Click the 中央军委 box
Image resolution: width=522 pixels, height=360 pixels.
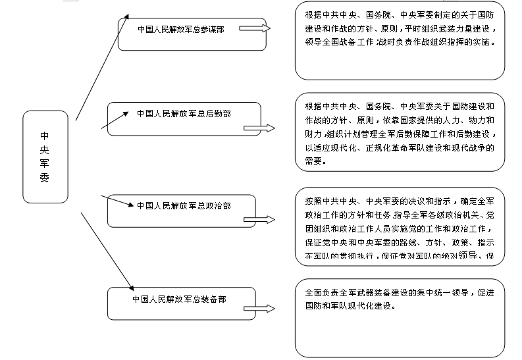pyautogui.click(x=45, y=156)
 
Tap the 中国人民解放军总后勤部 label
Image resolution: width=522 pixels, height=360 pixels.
pyautogui.click(x=184, y=113)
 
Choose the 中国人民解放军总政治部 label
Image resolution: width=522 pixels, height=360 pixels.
pyautogui.click(x=184, y=205)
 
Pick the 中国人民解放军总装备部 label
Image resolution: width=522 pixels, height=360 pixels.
pyautogui.click(x=179, y=299)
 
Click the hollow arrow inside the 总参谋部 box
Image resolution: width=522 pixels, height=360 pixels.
pyautogui.click(x=255, y=29)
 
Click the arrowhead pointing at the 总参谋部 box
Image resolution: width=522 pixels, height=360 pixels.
pyautogui.click(x=127, y=16)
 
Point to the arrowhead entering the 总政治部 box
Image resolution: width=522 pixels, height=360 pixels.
pyautogui.click(x=130, y=205)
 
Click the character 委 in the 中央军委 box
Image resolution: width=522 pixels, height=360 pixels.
pyautogui.click(x=44, y=178)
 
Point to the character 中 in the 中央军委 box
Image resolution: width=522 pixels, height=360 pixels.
pyautogui.click(x=44, y=136)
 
